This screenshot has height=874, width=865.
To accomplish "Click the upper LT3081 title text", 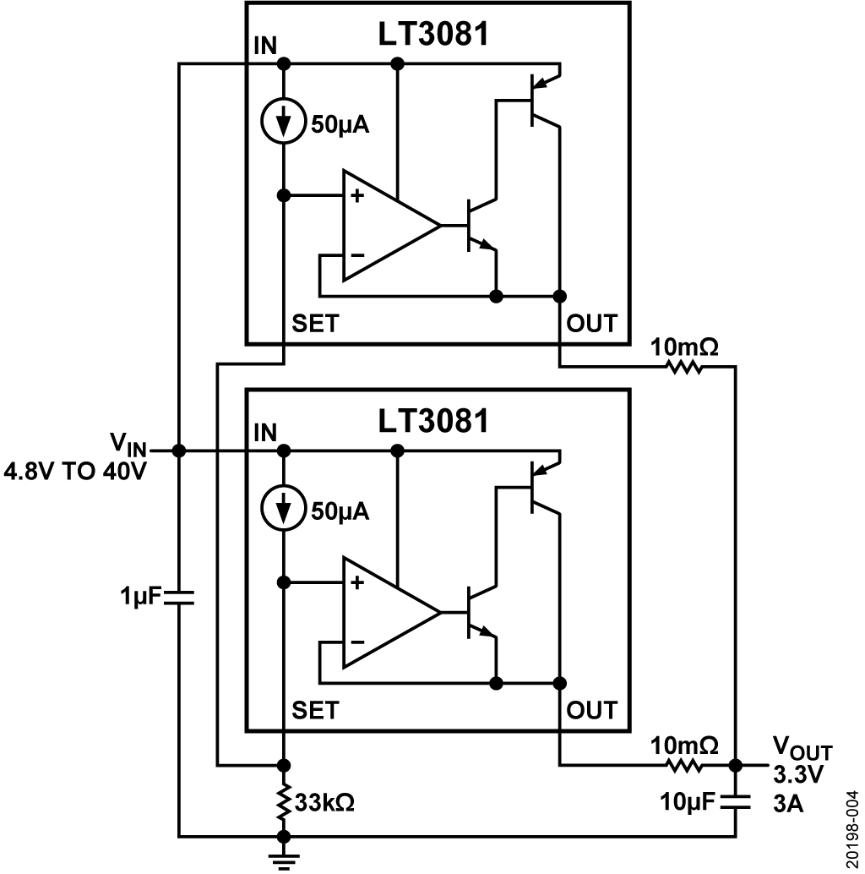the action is point(433,34).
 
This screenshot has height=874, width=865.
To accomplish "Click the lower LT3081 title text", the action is point(433,421).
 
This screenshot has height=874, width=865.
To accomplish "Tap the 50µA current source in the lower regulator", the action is point(284,508).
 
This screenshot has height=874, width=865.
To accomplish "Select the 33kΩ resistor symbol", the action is point(284,801).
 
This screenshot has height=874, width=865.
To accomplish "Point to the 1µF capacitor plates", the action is point(179,597).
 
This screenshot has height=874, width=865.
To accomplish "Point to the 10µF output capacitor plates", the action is point(735,802).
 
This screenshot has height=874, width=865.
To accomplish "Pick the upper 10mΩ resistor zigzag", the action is point(684,367).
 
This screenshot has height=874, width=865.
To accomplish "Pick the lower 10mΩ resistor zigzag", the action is point(684,765).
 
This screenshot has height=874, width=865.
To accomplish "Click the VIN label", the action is point(128,445).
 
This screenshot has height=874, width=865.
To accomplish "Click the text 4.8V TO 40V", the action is point(75,472).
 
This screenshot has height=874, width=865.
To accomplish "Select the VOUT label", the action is point(802,749).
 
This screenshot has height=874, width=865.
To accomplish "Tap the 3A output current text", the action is point(788,804).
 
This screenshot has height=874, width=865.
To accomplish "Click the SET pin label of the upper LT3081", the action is point(315,323).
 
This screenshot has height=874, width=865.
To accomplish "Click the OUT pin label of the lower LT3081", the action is point(592,710).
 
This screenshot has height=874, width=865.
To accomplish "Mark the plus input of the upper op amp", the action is point(357,195).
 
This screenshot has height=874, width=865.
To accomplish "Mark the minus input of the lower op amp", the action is point(357,642).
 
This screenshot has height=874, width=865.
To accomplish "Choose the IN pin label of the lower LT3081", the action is point(265,433).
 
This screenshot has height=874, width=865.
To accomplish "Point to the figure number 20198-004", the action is point(852,829).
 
